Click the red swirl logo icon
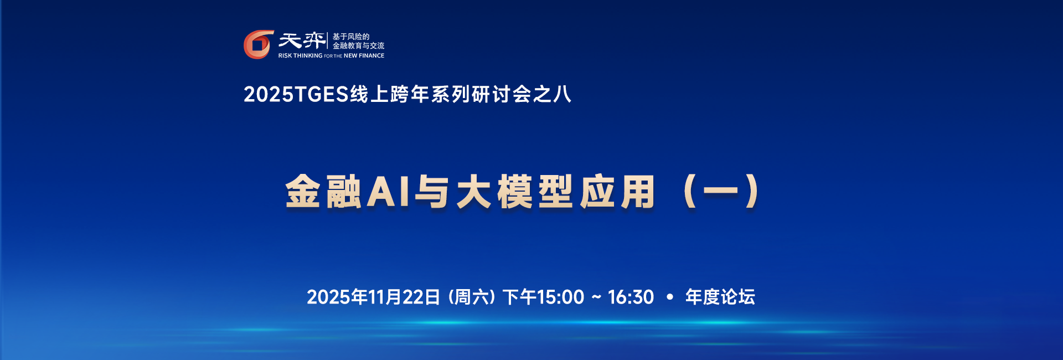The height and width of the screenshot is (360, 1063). tap(258, 44)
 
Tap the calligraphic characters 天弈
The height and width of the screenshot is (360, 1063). tap(302, 40)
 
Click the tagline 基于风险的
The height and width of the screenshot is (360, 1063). tap(350, 37)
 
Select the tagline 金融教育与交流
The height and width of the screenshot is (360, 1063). tap(358, 46)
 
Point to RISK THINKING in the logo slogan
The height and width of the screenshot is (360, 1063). tap(300, 55)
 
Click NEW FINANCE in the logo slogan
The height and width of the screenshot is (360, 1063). tap(364, 55)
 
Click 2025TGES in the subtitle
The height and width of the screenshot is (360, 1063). tap(296, 94)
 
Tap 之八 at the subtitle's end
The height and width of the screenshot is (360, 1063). tap(552, 94)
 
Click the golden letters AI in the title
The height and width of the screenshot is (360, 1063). tap(388, 192)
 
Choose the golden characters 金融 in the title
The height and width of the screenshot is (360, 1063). tap(323, 192)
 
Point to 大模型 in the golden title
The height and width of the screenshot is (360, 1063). tap(515, 192)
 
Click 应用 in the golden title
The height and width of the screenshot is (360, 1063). tap(618, 192)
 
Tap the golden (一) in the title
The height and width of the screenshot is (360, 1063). tap(721, 192)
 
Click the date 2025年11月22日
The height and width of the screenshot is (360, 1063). tap(373, 297)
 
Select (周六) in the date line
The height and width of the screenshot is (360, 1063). tap(471, 297)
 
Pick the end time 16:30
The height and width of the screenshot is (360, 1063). tap(631, 297)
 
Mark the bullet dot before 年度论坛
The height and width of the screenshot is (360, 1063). tap(670, 297)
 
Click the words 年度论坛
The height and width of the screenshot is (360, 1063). tap(720, 297)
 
